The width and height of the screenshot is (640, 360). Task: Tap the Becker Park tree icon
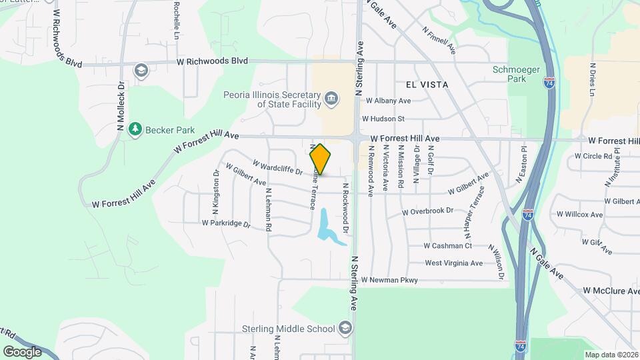tap(135, 128)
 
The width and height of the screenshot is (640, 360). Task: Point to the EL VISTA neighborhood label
tap(426, 85)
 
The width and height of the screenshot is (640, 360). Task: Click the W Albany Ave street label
tap(386, 101)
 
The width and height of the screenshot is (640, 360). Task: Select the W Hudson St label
tap(383, 119)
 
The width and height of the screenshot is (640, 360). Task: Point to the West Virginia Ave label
tap(453, 263)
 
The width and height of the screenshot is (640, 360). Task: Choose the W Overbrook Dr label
tap(428, 212)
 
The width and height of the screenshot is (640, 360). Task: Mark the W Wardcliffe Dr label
tap(277, 167)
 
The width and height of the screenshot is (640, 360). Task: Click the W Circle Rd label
tap(593, 156)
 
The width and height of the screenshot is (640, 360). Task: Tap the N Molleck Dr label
tap(121, 107)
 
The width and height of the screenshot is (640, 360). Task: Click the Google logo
tap(22, 351)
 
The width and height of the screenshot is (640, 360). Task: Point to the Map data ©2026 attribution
tap(611, 355)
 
